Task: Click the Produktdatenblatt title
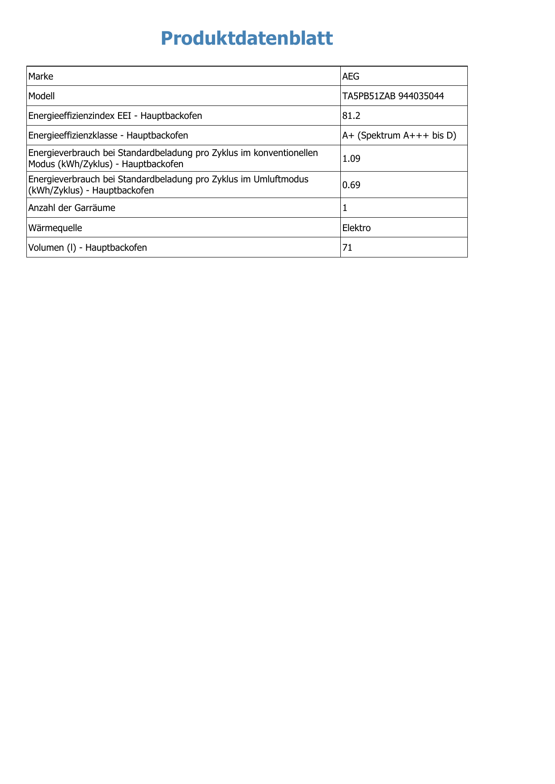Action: pos(247,38)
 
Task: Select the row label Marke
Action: pos(41,76)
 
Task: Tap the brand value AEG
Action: pos(351,76)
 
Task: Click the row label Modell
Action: pos(42,96)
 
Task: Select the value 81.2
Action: pos(351,116)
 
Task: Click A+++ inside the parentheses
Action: pos(416,135)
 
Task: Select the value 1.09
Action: pos(351,158)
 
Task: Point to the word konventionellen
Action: pos(286,153)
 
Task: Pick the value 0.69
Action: pos(351,185)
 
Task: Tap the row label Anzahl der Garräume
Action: pos(72,208)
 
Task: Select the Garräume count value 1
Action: pos(345,208)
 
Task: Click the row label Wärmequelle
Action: pos(55,228)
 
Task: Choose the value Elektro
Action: pos(356,228)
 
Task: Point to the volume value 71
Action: pos(347,247)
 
